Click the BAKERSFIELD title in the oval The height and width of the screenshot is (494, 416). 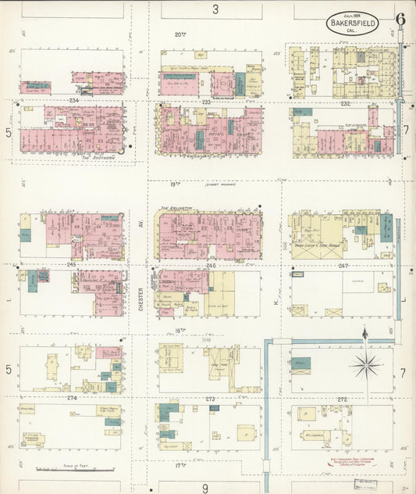[x=353, y=24]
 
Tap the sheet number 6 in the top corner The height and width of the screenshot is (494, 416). [x=400, y=20]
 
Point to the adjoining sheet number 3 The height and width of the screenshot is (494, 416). [x=215, y=9]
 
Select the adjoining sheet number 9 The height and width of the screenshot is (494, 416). [x=205, y=489]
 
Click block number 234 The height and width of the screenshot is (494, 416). [x=74, y=102]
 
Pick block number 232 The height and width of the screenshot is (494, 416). [x=345, y=102]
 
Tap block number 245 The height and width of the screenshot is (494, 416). [x=71, y=265]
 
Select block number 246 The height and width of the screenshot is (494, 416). [x=210, y=266]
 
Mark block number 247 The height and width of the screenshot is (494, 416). [x=343, y=266]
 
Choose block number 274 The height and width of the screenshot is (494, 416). [x=73, y=398]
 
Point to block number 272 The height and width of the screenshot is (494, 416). [x=343, y=399]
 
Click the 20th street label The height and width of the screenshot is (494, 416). [x=180, y=34]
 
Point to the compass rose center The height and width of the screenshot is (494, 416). [x=364, y=364]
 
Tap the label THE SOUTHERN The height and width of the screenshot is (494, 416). [x=98, y=156]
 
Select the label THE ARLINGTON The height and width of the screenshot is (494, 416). [x=176, y=209]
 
